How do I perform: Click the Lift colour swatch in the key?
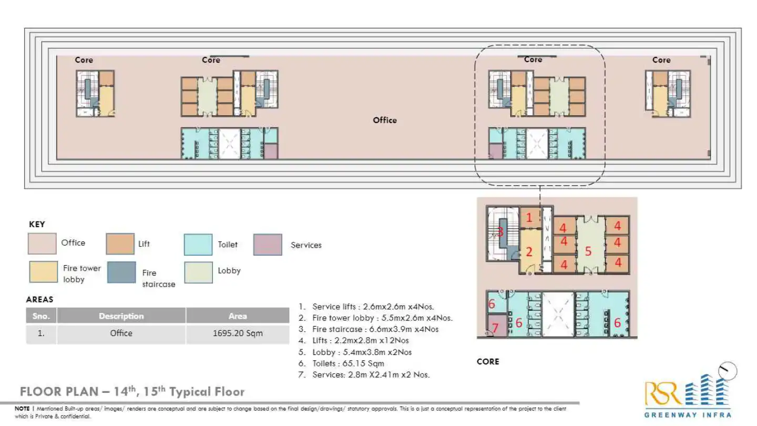click(x=120, y=244)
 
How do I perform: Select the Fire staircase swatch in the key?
click(x=121, y=272)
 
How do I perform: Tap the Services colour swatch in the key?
click(x=268, y=245)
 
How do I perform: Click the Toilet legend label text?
click(x=228, y=244)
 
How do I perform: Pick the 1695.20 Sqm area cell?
click(x=237, y=333)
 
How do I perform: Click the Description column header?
click(x=121, y=316)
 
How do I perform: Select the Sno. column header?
click(x=41, y=316)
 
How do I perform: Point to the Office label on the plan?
click(x=385, y=120)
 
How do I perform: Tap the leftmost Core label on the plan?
click(x=84, y=60)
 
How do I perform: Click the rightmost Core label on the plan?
click(x=661, y=60)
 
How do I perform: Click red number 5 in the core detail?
click(x=588, y=252)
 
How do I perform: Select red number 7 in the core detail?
click(x=495, y=329)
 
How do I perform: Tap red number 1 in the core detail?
click(x=529, y=217)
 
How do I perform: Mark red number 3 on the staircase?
click(x=500, y=231)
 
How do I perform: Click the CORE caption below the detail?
click(x=488, y=361)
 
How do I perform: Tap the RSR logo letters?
click(x=663, y=392)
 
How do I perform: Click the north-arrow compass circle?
click(x=728, y=371)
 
